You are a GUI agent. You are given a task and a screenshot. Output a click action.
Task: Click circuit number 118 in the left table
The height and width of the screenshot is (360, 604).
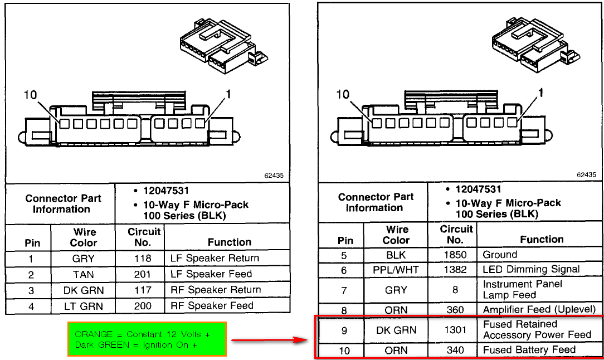pos(143,259)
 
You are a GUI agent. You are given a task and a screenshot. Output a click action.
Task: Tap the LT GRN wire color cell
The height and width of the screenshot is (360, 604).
pos(84,306)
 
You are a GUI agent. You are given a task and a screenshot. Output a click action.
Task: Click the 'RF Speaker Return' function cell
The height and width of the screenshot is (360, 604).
pos(216,290)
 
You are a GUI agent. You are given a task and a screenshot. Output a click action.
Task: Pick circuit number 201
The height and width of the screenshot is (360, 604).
pos(143,275)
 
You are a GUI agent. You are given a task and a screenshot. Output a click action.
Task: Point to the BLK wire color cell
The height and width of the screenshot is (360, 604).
pos(396,255)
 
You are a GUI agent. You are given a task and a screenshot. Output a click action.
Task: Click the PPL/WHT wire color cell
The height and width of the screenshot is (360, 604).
pos(396,270)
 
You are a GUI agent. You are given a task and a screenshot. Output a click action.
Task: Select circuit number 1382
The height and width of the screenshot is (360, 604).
pos(455,270)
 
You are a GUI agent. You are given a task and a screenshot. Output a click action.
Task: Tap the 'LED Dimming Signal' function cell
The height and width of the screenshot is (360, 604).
pos(531,269)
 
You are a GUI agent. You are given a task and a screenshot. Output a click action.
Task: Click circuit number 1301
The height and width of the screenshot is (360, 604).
pos(455,330)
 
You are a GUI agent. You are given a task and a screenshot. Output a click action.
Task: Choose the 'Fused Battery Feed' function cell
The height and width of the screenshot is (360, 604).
pos(529,350)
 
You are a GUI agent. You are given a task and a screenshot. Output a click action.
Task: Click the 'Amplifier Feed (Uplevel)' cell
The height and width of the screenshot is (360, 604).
pos(539,309)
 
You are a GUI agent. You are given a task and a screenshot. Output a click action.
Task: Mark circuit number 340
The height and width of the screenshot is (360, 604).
pos(455,350)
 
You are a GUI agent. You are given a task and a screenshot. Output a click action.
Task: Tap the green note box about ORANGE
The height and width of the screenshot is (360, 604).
pos(147,339)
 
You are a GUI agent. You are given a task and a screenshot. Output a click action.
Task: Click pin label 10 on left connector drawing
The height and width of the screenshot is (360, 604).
pos(30,95)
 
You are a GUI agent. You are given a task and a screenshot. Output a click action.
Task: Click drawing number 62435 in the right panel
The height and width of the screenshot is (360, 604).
pos(586,174)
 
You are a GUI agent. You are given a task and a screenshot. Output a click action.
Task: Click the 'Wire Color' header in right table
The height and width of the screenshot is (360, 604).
pos(396,235)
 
